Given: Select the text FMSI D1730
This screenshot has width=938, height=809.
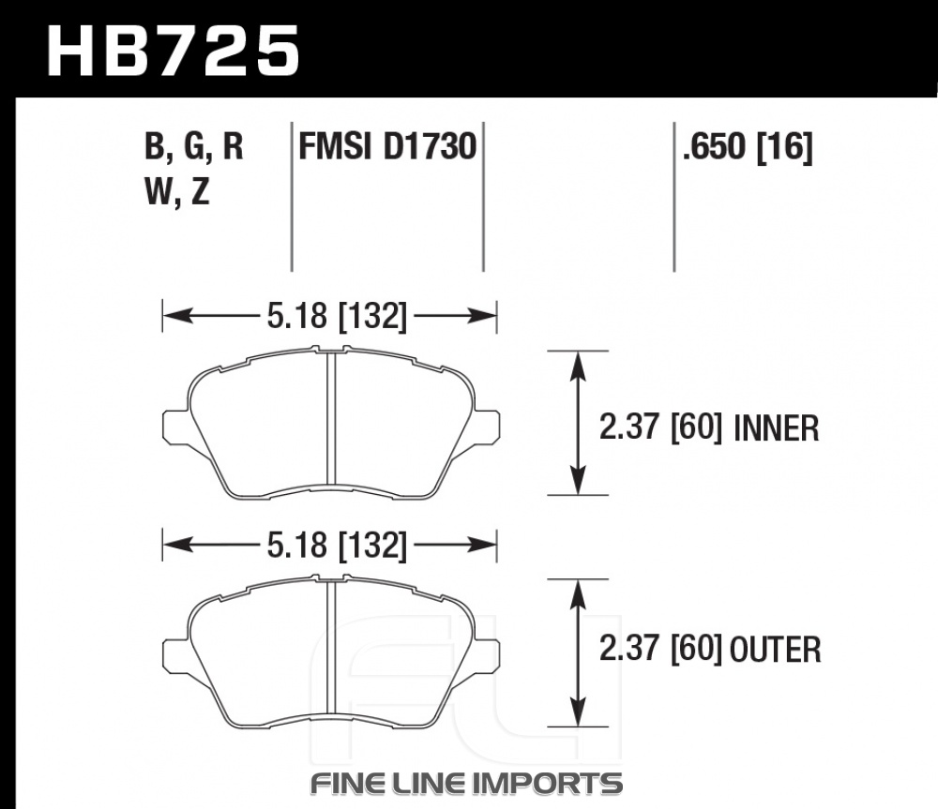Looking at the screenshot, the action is tap(387, 146).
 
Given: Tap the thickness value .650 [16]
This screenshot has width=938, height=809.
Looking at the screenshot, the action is tap(748, 147).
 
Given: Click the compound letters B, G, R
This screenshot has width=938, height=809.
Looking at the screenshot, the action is tap(194, 147).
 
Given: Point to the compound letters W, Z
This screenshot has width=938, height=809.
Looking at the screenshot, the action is tap(177, 192).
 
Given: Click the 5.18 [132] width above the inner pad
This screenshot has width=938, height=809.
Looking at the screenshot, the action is tap(337, 315).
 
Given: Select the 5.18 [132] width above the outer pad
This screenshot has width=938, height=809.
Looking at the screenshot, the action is tap(337, 546).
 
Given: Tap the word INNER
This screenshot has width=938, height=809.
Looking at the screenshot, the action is tap(776, 428).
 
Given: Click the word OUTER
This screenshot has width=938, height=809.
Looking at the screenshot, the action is tap(776, 650).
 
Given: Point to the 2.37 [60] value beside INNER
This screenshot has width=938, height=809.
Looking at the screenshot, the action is tap(661, 428).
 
